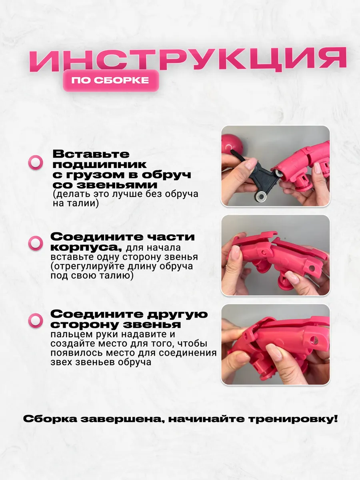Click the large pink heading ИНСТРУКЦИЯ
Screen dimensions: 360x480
click(x=188, y=60)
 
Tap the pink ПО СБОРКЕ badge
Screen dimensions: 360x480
click(x=111, y=80)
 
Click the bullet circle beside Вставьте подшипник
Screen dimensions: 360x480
click(x=36, y=162)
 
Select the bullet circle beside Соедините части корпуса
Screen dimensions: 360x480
click(x=36, y=243)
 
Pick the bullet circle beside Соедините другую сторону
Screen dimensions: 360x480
click(x=36, y=320)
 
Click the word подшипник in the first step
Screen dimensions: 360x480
click(x=100, y=165)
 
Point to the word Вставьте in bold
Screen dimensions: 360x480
click(x=91, y=154)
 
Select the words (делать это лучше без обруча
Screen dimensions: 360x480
click(x=126, y=194)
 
